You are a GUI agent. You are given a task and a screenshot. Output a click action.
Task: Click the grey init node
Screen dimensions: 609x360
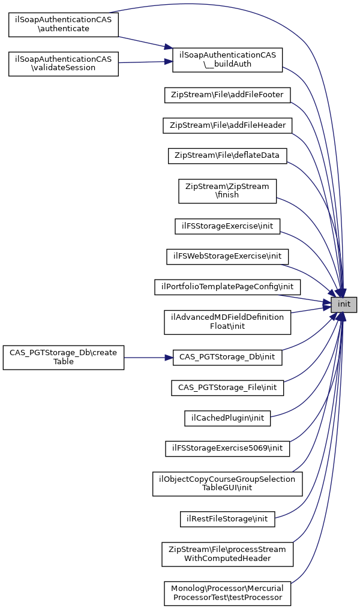coord(344,304)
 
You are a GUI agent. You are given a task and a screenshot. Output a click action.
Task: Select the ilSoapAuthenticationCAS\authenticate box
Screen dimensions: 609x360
coord(64,23)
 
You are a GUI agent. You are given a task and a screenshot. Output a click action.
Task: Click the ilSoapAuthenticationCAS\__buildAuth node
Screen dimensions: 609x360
coord(227,60)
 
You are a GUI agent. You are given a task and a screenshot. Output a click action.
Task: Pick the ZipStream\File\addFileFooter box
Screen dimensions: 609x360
coord(227,94)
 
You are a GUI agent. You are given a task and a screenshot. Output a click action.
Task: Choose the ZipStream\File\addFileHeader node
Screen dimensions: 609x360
coord(227,125)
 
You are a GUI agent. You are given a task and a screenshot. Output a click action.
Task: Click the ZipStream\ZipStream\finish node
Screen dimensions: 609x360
coord(227,190)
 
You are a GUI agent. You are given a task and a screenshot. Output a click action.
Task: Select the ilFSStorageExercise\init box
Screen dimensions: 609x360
coord(227,226)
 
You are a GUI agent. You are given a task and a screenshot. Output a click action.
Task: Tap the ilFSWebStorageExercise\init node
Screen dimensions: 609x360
coord(227,256)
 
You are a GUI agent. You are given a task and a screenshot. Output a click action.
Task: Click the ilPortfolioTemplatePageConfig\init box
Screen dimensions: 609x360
coord(227,287)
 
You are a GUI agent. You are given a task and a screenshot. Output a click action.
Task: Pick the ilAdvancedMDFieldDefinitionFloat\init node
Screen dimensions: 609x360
coord(227,322)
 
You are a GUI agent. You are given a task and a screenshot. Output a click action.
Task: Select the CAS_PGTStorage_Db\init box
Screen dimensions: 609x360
coord(227,356)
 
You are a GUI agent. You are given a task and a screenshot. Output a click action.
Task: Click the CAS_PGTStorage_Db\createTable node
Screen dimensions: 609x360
coord(64,356)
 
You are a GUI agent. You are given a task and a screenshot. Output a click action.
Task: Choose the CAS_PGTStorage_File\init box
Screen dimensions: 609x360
coord(227,388)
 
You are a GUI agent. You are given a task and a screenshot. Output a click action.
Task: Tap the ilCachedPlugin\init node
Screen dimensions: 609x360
coord(227,418)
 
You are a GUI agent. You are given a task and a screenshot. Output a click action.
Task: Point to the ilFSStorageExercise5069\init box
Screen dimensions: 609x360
coord(227,448)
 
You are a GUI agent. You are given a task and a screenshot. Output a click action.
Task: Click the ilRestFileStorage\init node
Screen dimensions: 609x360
coord(227,518)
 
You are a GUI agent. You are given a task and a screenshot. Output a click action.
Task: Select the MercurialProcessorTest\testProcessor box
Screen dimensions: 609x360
coord(227,593)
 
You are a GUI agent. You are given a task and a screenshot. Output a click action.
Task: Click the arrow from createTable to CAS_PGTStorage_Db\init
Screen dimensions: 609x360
coord(148,357)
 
